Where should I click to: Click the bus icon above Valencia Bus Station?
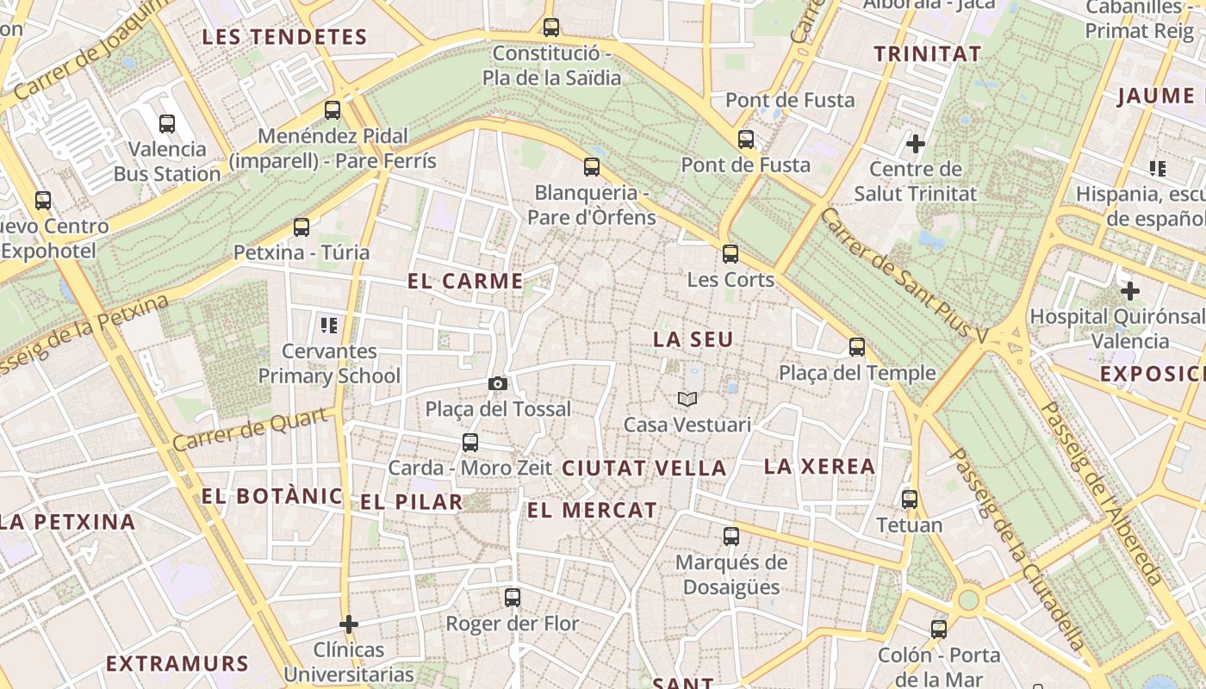click(x=167, y=124)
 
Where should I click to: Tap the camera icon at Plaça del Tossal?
click(x=497, y=384)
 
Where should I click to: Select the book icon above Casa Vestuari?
click(x=687, y=399)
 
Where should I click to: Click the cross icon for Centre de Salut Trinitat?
click(x=916, y=143)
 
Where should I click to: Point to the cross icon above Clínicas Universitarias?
click(x=349, y=624)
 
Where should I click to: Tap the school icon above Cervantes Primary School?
click(x=328, y=326)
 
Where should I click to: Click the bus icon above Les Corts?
click(x=730, y=254)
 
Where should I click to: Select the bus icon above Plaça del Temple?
click(x=857, y=347)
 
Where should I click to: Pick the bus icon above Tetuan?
click(x=910, y=500)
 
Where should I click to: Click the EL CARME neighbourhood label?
click(x=465, y=281)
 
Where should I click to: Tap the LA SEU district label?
click(x=693, y=339)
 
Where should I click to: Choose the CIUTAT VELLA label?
click(x=644, y=469)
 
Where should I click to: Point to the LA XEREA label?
click(x=820, y=467)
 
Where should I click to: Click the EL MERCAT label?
click(x=592, y=510)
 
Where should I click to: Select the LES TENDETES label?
click(x=284, y=37)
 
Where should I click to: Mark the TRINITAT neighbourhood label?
click(x=928, y=53)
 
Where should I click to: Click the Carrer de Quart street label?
click(x=252, y=429)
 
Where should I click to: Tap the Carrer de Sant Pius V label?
click(x=904, y=276)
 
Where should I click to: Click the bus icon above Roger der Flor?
click(x=513, y=598)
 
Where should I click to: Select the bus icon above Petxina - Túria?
click(x=301, y=227)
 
